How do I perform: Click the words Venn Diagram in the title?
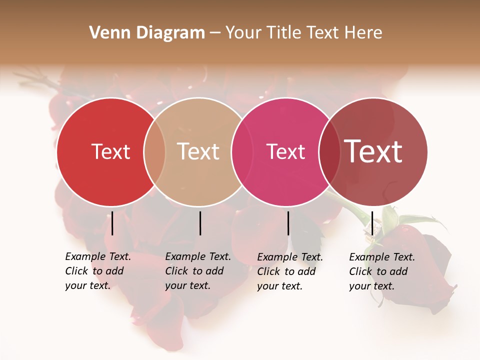pyautogui.click(x=147, y=33)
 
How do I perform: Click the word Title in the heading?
pyautogui.click(x=285, y=33)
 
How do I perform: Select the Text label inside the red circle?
pyautogui.click(x=110, y=151)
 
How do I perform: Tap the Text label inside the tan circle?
pyautogui.click(x=198, y=151)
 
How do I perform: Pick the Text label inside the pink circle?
pyautogui.click(x=286, y=151)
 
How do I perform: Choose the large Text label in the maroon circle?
pyautogui.click(x=373, y=151)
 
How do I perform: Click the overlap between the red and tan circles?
pyautogui.click(x=154, y=152)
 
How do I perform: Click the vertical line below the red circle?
pyautogui.click(x=112, y=223)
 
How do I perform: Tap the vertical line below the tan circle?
pyautogui.click(x=200, y=223)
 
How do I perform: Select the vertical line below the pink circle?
pyautogui.click(x=288, y=223)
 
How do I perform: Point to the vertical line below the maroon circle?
pyautogui.click(x=372, y=223)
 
